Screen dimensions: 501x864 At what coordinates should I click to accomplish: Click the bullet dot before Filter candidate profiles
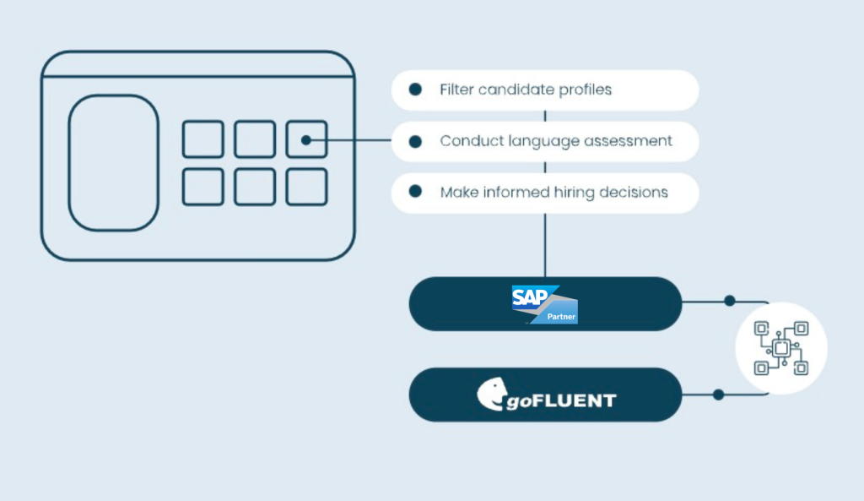415,90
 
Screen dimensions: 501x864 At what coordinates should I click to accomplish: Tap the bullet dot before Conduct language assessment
415,141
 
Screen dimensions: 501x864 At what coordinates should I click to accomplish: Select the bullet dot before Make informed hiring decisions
415,192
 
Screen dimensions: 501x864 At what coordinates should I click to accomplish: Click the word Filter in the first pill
456,90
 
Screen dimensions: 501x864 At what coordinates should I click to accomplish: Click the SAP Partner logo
543,304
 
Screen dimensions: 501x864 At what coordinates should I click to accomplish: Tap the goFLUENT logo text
560,399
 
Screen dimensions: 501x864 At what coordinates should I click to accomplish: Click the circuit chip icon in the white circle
781,348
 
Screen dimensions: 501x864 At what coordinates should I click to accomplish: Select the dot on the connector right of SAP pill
730,301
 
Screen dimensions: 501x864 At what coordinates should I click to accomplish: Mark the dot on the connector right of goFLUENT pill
718,394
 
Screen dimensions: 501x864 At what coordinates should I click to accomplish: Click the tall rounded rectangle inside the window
113,163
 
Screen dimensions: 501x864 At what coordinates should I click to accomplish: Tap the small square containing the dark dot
306,139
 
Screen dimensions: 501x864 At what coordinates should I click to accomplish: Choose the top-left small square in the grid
203,139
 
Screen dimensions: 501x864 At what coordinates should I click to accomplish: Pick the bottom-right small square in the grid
306,187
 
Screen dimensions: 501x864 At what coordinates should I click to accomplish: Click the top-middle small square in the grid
255,139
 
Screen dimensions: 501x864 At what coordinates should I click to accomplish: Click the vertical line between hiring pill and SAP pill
545,244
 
